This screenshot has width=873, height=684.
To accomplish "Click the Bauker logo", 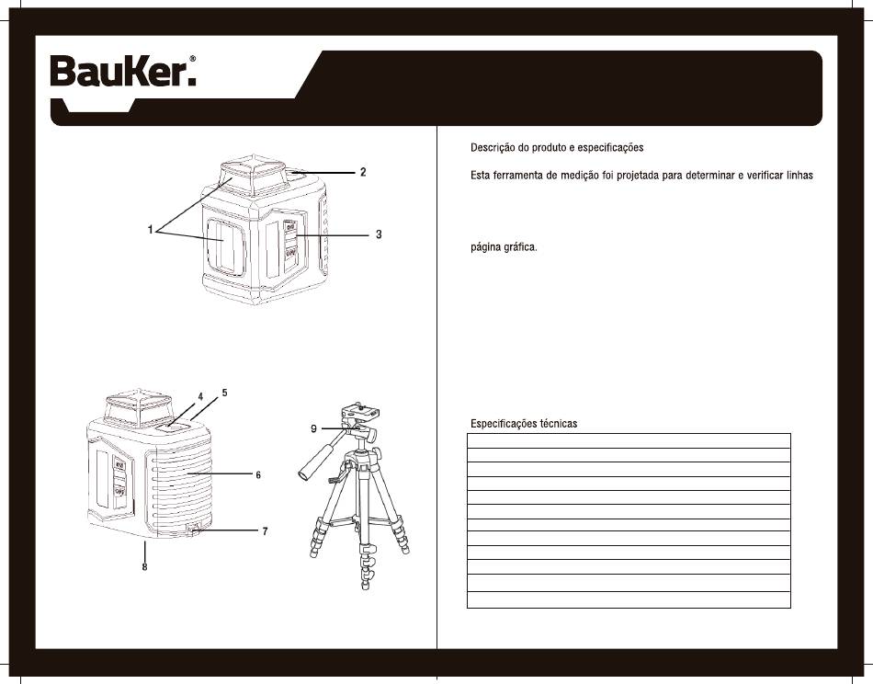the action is tap(123, 72).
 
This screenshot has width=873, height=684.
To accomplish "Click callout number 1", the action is tap(151, 230).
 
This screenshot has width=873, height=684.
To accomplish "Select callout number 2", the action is tap(363, 172).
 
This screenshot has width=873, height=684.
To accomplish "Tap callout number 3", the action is tap(379, 234).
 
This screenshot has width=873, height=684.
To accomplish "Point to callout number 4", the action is tap(200, 396).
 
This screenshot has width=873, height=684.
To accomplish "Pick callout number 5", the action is tap(224, 393).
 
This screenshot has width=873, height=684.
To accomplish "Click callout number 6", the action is tap(258, 475).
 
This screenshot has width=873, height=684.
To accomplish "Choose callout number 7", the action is tap(265, 531).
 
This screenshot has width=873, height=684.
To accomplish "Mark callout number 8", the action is tap(145, 567).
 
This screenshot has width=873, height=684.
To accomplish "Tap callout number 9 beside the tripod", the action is tap(314, 429).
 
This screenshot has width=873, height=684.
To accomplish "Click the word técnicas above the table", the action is tap(559, 423).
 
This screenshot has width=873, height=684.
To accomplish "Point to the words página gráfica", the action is tap(504, 247).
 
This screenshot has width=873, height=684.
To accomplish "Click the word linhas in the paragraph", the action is tap(799, 176).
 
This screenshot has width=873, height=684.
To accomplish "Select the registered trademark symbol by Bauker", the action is tap(193, 58).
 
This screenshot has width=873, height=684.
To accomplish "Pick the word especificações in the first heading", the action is tap(610, 148).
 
